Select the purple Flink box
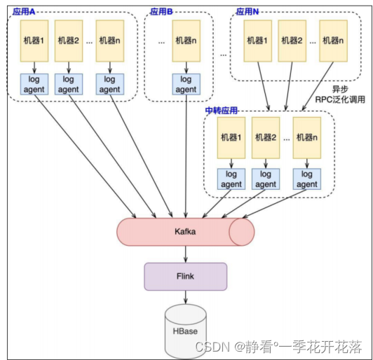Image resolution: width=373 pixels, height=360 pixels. pyautogui.click(x=186, y=276)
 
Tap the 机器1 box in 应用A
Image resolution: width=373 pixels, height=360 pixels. pyautogui.click(x=33, y=40)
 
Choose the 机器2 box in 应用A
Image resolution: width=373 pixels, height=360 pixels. pyautogui.click(x=69, y=40)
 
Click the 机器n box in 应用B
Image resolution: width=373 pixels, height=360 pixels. pyautogui.click(x=186, y=40)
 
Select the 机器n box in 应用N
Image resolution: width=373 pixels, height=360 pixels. pyautogui.click(x=332, y=40)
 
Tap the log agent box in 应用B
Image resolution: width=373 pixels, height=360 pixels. pyautogui.click(x=186, y=84)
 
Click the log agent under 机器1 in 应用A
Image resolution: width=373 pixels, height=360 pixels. pyautogui.click(x=33, y=84)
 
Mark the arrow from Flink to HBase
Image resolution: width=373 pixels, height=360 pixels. pyautogui.click(x=186, y=298)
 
